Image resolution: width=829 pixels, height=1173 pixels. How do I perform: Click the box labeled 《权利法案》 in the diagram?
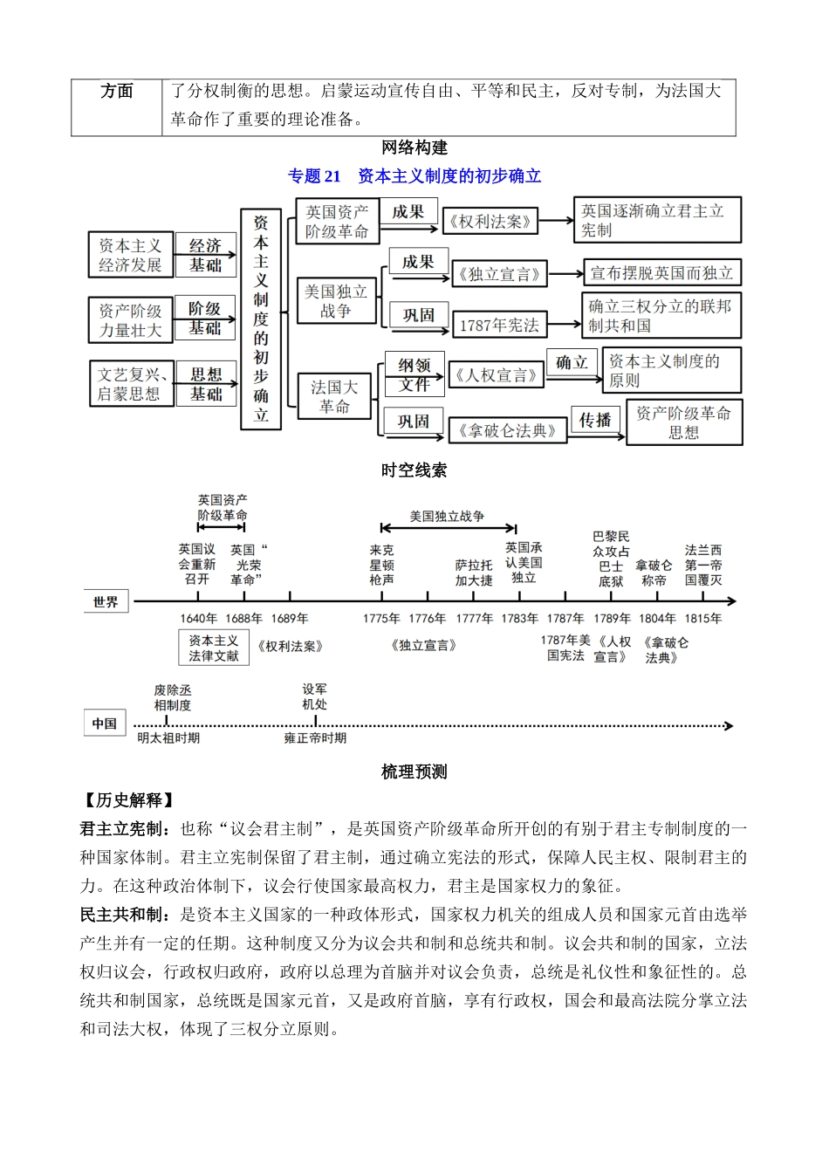490,222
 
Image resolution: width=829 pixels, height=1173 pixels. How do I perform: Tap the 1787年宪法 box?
500,325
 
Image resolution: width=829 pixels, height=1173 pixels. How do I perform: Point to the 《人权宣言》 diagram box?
496,376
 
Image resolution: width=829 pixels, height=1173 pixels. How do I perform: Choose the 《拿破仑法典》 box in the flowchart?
508,430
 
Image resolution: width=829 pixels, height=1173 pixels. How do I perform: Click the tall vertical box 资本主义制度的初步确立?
261,319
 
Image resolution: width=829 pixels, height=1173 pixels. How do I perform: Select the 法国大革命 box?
334,396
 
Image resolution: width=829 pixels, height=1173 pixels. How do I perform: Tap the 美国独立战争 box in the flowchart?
335,300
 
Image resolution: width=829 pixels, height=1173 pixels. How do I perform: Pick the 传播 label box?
595,420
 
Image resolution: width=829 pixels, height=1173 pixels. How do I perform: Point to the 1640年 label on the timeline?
198,619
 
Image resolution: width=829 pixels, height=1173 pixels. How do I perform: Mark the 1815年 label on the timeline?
703,619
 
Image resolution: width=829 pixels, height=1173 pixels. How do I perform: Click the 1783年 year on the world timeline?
520,619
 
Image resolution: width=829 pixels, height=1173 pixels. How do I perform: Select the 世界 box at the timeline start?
106,602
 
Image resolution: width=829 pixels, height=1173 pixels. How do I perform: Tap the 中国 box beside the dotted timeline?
105,724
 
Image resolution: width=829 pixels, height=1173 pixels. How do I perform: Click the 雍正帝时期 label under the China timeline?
315,738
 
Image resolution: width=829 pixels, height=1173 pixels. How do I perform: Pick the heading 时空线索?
414,470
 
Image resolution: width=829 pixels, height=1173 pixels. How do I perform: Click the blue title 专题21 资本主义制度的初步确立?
414,176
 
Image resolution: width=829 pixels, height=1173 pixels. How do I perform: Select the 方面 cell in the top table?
117,92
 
